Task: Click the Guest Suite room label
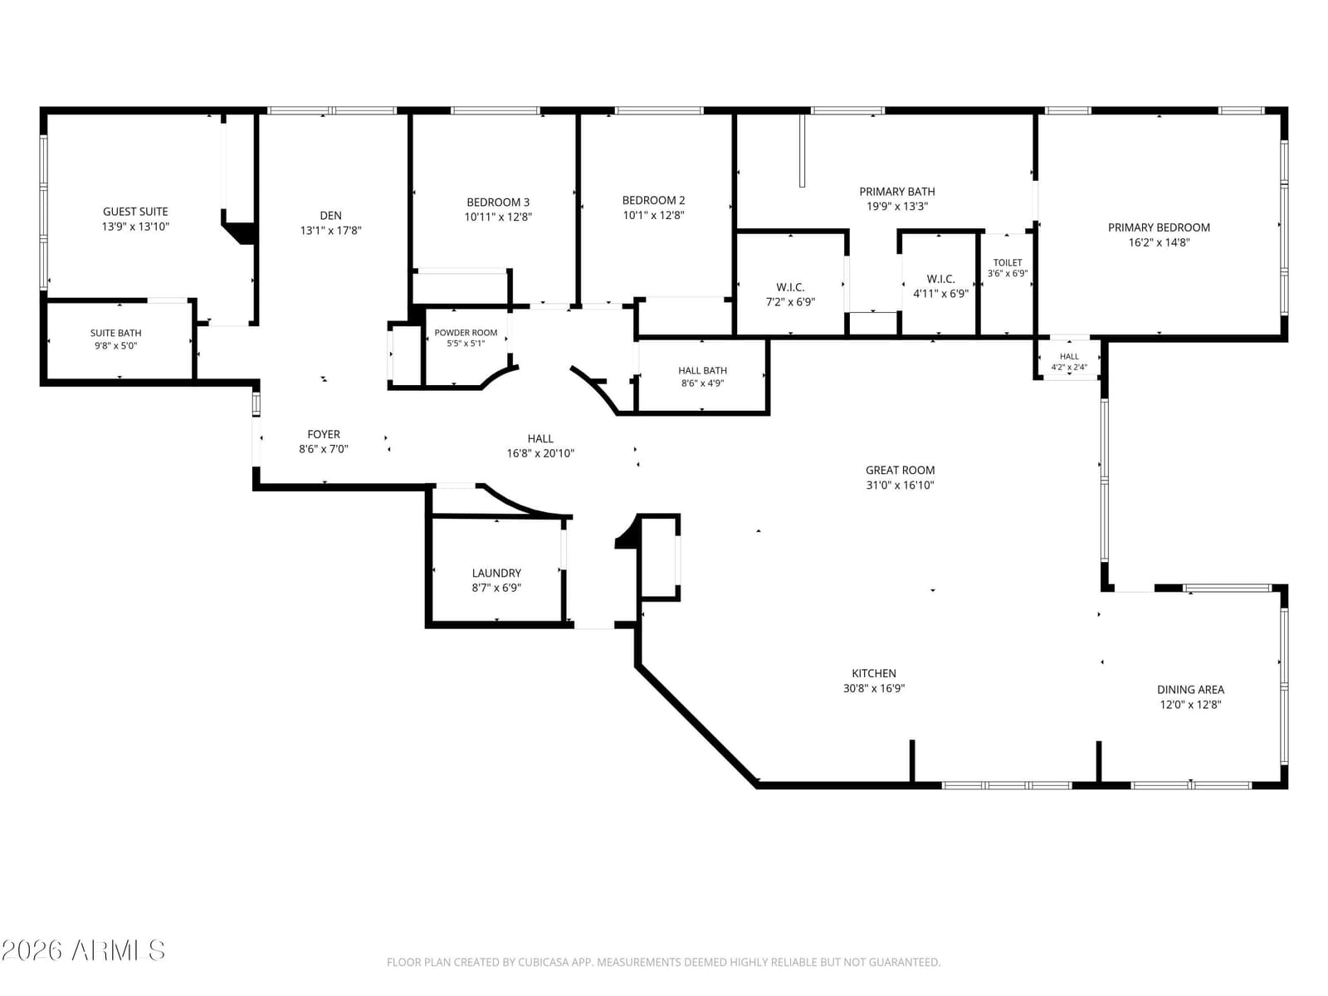(135, 212)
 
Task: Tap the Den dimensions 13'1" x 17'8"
(331, 231)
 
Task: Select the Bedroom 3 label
(498, 202)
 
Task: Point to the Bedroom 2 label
(653, 200)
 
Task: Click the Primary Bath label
(897, 192)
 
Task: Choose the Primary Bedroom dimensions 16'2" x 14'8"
(1160, 242)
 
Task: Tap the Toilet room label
(1008, 262)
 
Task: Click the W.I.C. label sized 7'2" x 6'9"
(790, 287)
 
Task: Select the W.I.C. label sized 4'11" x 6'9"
(940, 279)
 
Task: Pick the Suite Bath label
(115, 333)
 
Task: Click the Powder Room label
(466, 333)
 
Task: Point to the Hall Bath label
(702, 371)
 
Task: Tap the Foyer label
(324, 434)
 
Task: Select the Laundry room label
(496, 573)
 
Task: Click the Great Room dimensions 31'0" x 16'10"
(901, 485)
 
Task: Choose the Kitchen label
(874, 673)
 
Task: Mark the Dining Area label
(1191, 690)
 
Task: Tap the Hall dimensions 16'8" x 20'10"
(540, 453)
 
